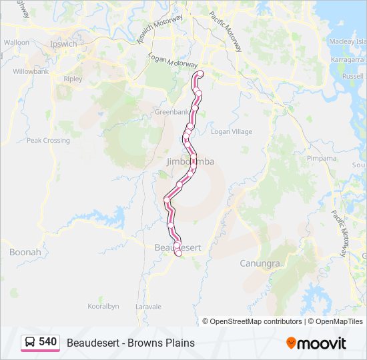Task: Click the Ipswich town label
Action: pos(64,44)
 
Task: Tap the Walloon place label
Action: pos(17,42)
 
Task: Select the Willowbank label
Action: pos(31,71)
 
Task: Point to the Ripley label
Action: pos(73,79)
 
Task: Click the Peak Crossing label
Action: pos(48,141)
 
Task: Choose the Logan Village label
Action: pos(232,132)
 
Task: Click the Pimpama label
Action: pos(322,159)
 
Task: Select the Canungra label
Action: pos(260,263)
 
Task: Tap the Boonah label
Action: pos(25,252)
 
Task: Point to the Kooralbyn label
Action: pos(103,307)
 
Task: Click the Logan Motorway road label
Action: pos(173,62)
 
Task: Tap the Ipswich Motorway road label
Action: pos(159,30)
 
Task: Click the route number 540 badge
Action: pos(47,342)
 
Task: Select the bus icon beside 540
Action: pos(31,343)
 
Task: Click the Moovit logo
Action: pos(316,343)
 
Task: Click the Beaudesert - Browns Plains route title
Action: pos(131,343)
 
